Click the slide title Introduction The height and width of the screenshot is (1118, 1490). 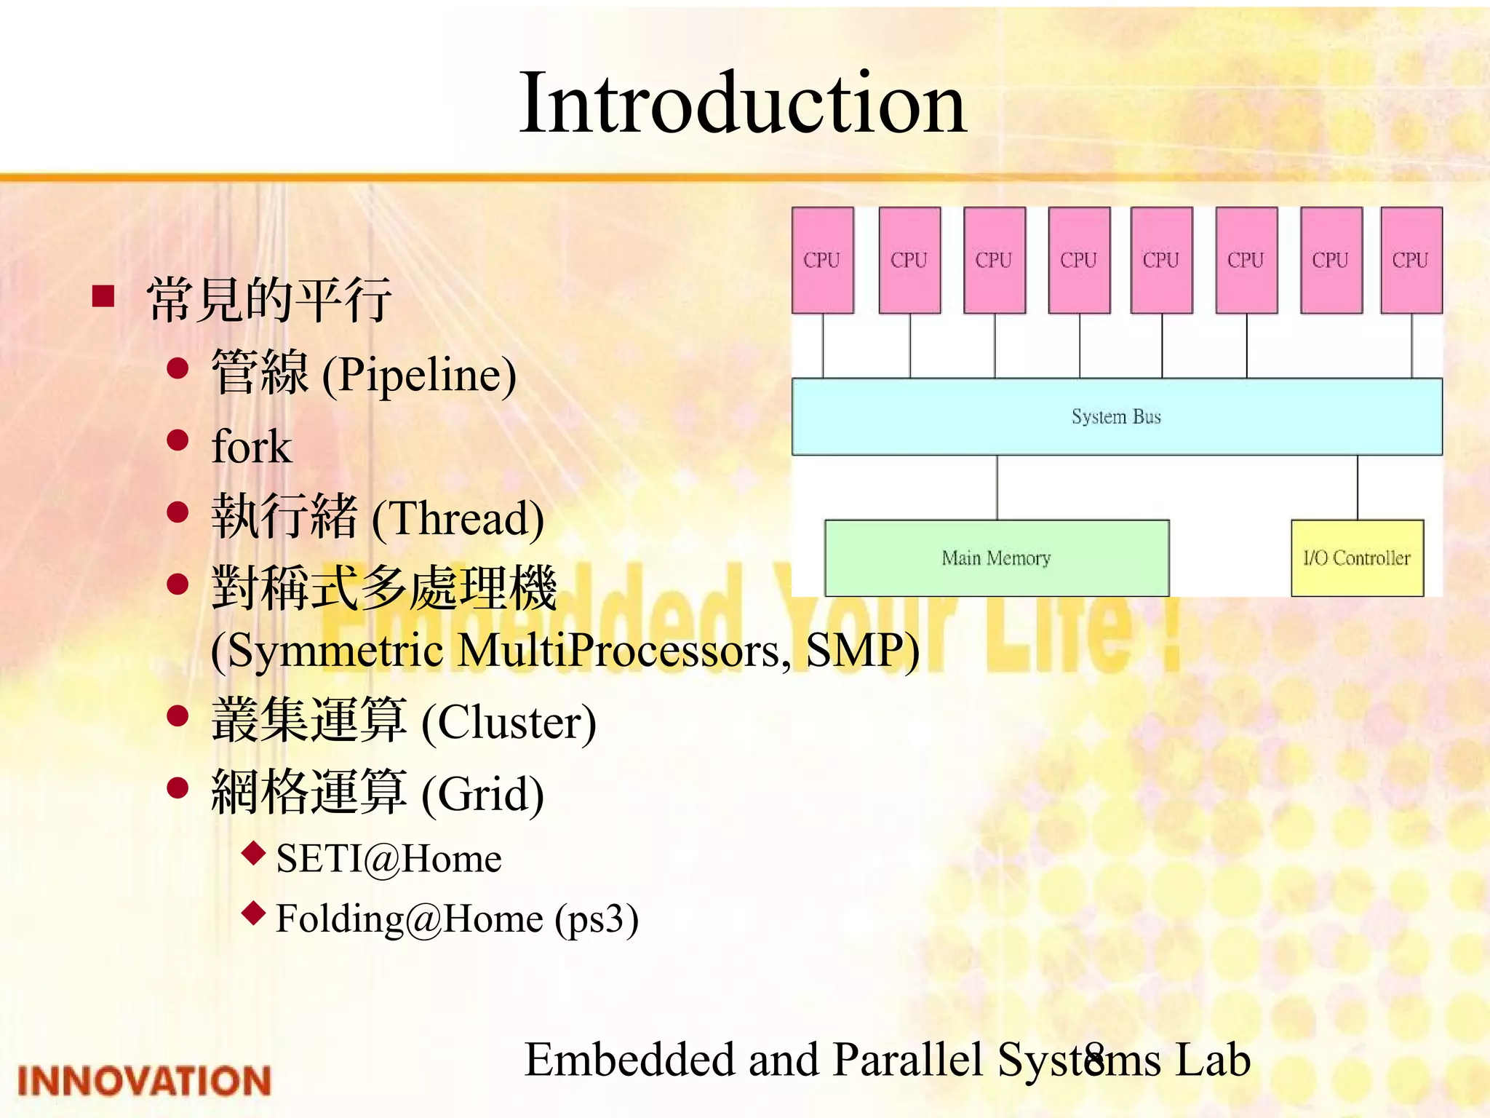coord(742,103)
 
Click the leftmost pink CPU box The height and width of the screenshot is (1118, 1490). coord(822,260)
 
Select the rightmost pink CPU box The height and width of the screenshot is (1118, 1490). coord(1411,260)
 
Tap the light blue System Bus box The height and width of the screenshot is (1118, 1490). coord(1116,416)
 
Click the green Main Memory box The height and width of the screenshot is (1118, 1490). coord(996,558)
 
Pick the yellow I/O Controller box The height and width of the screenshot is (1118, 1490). coord(1357,558)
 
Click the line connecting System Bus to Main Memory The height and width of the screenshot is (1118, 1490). coord(997,487)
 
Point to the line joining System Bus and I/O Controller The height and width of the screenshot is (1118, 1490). coord(1358,487)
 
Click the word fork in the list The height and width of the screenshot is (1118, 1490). coord(251,446)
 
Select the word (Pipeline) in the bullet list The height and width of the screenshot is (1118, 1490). coord(419,375)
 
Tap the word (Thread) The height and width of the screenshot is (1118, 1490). coord(458,519)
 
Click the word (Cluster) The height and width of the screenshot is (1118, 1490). coord(509,723)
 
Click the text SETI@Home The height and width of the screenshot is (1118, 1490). coord(389,859)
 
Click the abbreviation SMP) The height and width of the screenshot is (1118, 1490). coord(862,650)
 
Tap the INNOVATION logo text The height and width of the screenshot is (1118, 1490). coord(144,1080)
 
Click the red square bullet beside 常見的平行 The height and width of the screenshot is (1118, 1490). coord(104,296)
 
